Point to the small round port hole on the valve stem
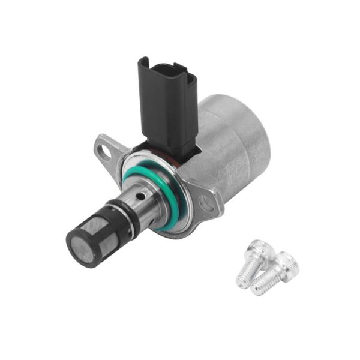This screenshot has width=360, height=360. click(x=139, y=195)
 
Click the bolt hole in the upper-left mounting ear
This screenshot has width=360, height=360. click(x=106, y=152)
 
